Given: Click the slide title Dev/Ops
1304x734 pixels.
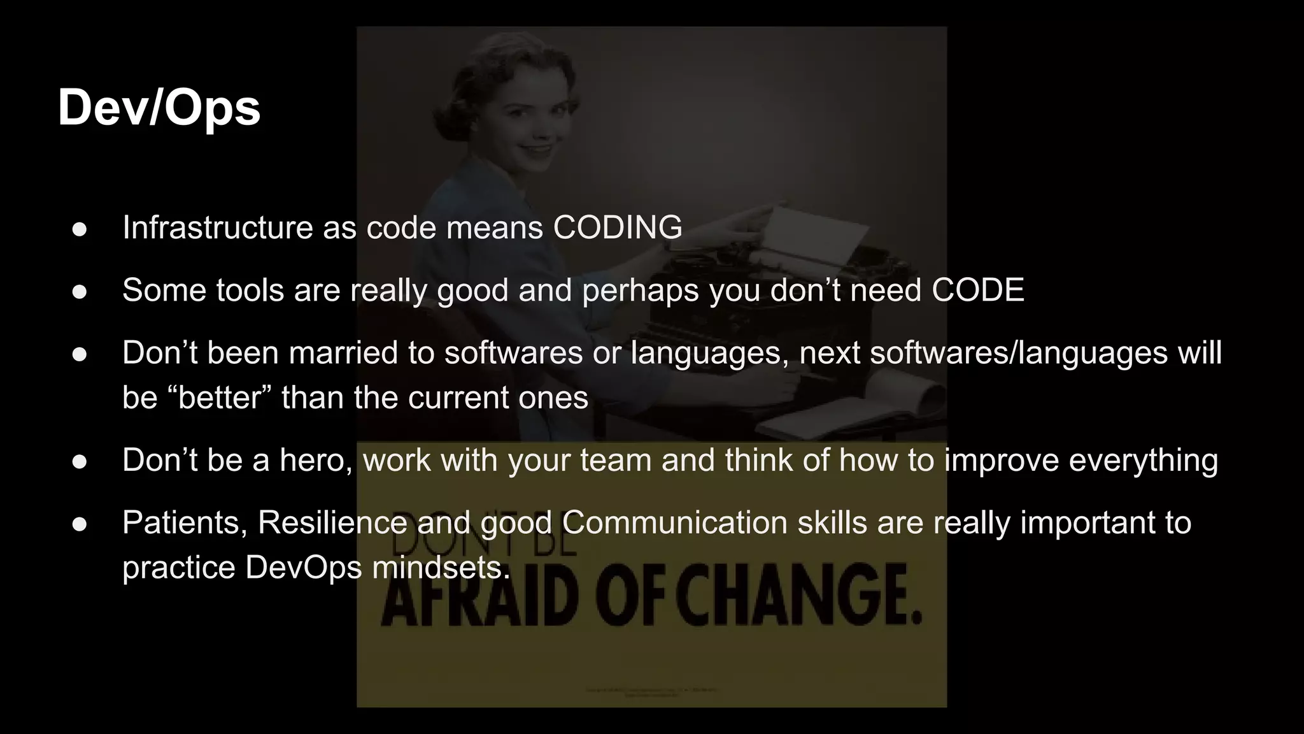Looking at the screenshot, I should coord(159,108).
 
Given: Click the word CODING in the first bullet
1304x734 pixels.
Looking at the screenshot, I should coord(617,227).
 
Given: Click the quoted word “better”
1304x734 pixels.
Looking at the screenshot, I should coord(220,398).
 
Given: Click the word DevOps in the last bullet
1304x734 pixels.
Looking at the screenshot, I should coord(303,567).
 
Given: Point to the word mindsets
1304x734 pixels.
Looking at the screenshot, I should coord(441,567).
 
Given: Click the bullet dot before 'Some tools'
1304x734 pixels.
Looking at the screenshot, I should coord(80,291).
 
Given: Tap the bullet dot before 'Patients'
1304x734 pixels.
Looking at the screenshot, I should coord(80,524).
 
